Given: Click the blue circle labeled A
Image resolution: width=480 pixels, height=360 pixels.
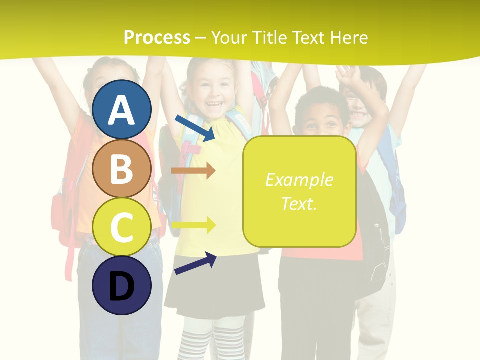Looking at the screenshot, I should click(121, 109).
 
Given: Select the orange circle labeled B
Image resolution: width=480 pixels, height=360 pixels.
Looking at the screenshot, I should click(121, 168).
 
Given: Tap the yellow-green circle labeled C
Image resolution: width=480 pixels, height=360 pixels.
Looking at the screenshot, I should click(121, 227).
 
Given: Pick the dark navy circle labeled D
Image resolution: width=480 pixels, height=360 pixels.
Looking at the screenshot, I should click(121, 285).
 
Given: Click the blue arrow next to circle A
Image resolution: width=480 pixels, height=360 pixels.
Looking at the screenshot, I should click(195, 128).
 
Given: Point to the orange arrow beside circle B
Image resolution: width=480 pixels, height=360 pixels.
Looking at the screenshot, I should click(193, 171).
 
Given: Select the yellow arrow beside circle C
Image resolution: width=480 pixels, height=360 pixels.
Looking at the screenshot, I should click(193, 225).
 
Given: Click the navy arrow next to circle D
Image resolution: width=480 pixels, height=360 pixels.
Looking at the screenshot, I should click(195, 264).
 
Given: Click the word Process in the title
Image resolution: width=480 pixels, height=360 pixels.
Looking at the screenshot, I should click(157, 37).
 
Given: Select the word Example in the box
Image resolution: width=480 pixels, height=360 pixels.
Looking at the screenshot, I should click(299, 180).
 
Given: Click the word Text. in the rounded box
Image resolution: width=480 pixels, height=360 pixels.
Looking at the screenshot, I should click(299, 203).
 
